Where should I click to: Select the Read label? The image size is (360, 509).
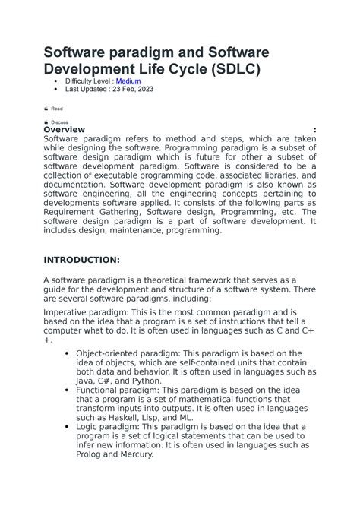[x=57, y=109]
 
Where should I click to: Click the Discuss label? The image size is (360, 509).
[x=59, y=122]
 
